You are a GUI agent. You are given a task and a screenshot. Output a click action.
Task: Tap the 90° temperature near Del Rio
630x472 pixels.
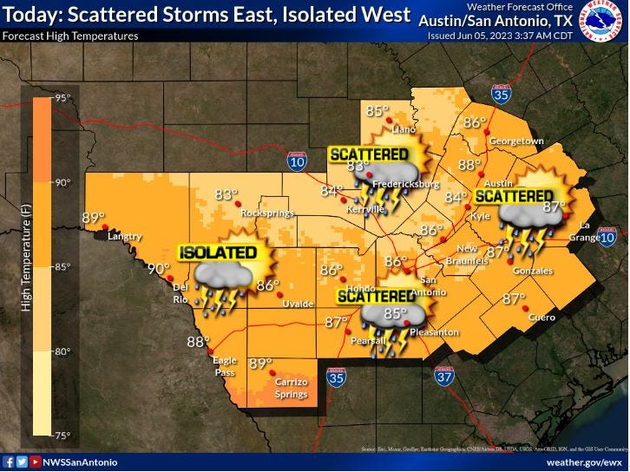[x=157, y=269]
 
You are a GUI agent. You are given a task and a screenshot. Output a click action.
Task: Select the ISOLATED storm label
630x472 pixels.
[x=218, y=252]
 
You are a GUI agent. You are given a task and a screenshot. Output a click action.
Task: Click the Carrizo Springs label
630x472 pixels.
[x=285, y=388]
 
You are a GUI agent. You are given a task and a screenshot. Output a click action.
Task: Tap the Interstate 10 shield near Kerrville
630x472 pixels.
[x=297, y=160]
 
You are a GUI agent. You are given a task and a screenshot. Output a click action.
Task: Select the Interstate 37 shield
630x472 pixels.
[x=444, y=376]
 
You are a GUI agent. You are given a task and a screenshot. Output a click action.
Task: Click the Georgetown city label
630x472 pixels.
[x=515, y=141]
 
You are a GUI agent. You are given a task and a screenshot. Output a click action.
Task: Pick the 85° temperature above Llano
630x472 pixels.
[x=377, y=111]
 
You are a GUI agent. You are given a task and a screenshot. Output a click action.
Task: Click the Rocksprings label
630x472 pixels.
[x=263, y=213]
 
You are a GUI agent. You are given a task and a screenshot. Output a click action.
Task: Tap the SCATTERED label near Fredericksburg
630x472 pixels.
[x=369, y=154]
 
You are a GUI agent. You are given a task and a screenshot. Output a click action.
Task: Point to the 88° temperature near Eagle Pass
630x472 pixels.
[x=199, y=342]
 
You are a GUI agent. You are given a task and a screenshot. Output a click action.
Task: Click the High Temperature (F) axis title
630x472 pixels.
[x=26, y=265]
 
